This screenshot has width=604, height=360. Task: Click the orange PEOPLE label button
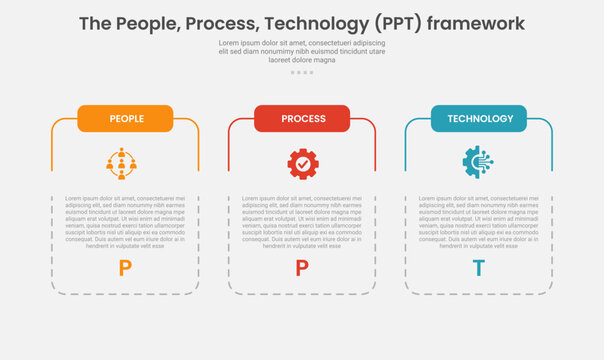(125, 119)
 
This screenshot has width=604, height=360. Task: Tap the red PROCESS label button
(302, 119)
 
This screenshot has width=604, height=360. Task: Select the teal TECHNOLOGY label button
(479, 119)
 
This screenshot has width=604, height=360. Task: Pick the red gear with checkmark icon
(302, 163)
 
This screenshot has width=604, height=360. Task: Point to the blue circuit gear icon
(478, 163)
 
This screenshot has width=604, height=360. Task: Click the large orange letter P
(125, 267)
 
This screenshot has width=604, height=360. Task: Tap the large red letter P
(302, 267)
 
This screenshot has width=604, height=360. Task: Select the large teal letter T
(479, 267)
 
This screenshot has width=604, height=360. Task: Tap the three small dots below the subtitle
(302, 72)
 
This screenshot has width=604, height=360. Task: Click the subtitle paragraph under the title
(302, 51)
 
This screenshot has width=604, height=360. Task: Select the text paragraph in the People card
(125, 221)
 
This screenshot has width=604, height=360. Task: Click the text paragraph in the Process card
(302, 221)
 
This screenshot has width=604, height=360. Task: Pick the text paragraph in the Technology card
(479, 221)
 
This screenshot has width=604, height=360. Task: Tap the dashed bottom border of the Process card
(302, 294)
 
